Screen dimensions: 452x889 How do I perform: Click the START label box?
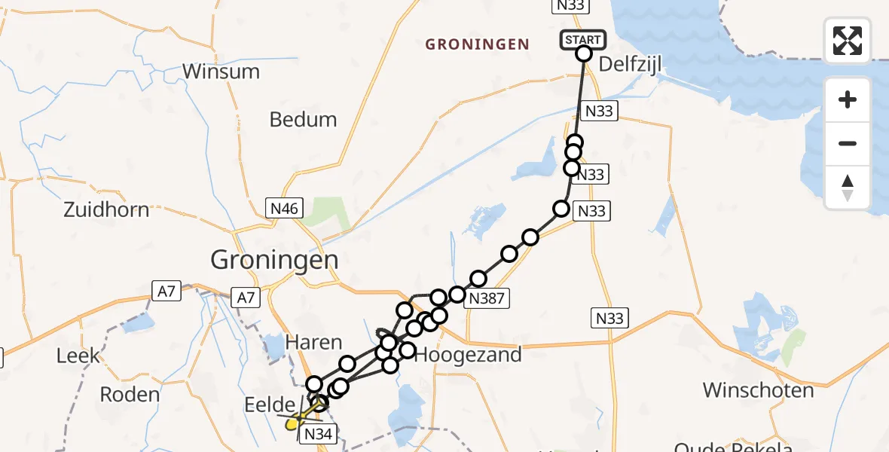coord(582,39)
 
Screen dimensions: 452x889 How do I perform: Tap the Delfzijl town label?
coord(630,64)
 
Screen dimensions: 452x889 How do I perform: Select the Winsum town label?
coord(221,72)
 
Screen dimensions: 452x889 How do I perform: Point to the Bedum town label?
coord(303,119)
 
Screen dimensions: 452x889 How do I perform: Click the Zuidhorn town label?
coord(106,209)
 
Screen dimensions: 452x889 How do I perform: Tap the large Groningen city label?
coord(274,261)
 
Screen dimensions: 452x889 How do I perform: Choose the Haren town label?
coord(313,343)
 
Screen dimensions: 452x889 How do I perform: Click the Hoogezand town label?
coord(469,354)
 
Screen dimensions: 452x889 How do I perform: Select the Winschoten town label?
coord(758,390)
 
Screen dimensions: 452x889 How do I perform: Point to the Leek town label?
coord(78,355)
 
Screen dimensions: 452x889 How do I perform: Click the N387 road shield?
coord(487,299)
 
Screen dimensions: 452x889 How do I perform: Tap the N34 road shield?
coord(318,433)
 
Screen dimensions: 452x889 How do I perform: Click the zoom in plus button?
coord(848,100)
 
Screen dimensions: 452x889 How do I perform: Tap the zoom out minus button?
coord(848,143)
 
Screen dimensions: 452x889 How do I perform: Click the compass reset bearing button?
coord(848,187)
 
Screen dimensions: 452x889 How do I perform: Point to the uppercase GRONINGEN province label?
coord(477,44)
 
